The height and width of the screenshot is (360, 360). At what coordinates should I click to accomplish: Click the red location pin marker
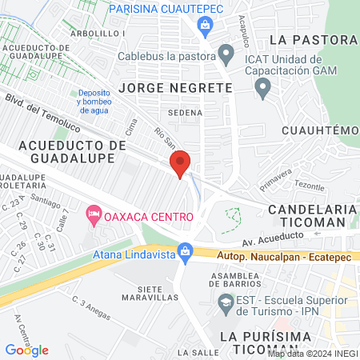click(x=181, y=163)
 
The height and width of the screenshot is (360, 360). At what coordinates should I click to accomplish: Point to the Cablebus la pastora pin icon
click(x=226, y=57)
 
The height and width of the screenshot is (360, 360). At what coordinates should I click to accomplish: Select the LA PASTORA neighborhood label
click(x=312, y=40)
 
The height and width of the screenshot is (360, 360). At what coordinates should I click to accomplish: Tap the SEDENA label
click(x=185, y=113)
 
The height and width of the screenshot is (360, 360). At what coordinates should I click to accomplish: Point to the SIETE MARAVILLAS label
click(x=149, y=292)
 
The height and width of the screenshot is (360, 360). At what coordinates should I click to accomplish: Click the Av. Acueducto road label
click(x=274, y=237)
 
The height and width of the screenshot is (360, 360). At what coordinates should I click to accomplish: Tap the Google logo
click(x=26, y=350)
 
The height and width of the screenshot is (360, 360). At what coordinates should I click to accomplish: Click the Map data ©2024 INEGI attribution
click(x=313, y=353)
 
